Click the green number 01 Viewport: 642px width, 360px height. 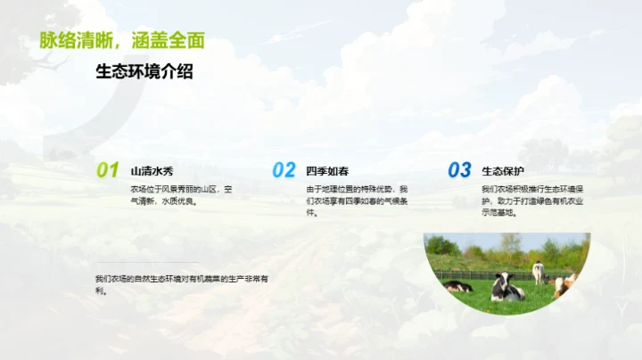[107, 170]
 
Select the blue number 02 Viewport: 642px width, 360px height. [284, 170]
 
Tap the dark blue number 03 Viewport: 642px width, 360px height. [459, 170]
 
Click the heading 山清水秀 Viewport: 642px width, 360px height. [152, 171]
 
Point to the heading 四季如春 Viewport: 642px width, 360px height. [327, 171]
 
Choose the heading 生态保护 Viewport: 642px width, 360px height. [503, 171]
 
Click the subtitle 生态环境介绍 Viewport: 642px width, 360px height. [144, 73]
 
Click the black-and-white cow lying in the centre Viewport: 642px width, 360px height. [507, 288]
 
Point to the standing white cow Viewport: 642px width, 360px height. [538, 272]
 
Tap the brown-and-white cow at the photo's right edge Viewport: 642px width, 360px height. [564, 285]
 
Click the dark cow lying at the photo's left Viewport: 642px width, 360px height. [458, 286]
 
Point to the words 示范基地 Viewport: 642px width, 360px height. [498, 213]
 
